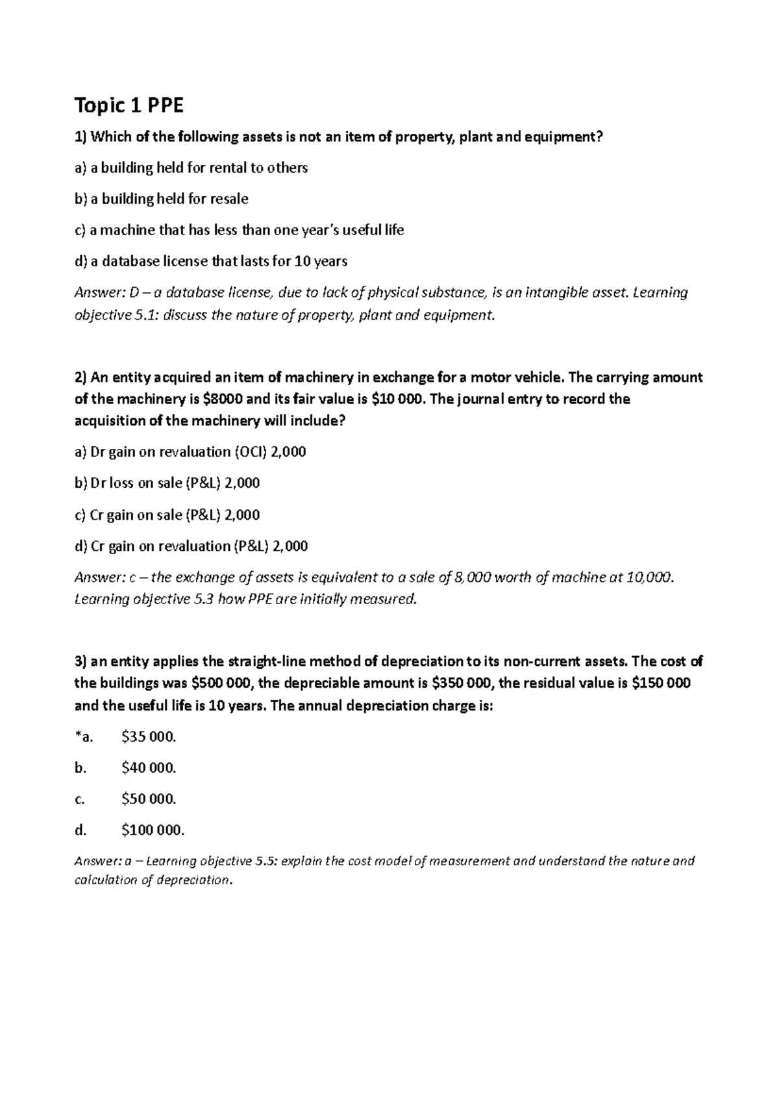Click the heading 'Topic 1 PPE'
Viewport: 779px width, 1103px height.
(130, 105)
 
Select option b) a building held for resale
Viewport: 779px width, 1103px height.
(162, 199)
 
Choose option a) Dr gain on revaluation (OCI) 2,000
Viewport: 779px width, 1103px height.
(190, 451)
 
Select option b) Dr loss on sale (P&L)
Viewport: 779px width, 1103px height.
(167, 483)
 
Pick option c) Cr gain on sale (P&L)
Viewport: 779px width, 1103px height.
(167, 515)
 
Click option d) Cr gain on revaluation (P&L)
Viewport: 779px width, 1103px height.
(191, 546)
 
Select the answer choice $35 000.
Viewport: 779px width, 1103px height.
(149, 737)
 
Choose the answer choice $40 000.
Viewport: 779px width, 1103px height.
(149, 768)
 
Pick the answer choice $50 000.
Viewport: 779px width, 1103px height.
(149, 799)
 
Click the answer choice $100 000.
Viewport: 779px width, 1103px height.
(153, 830)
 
